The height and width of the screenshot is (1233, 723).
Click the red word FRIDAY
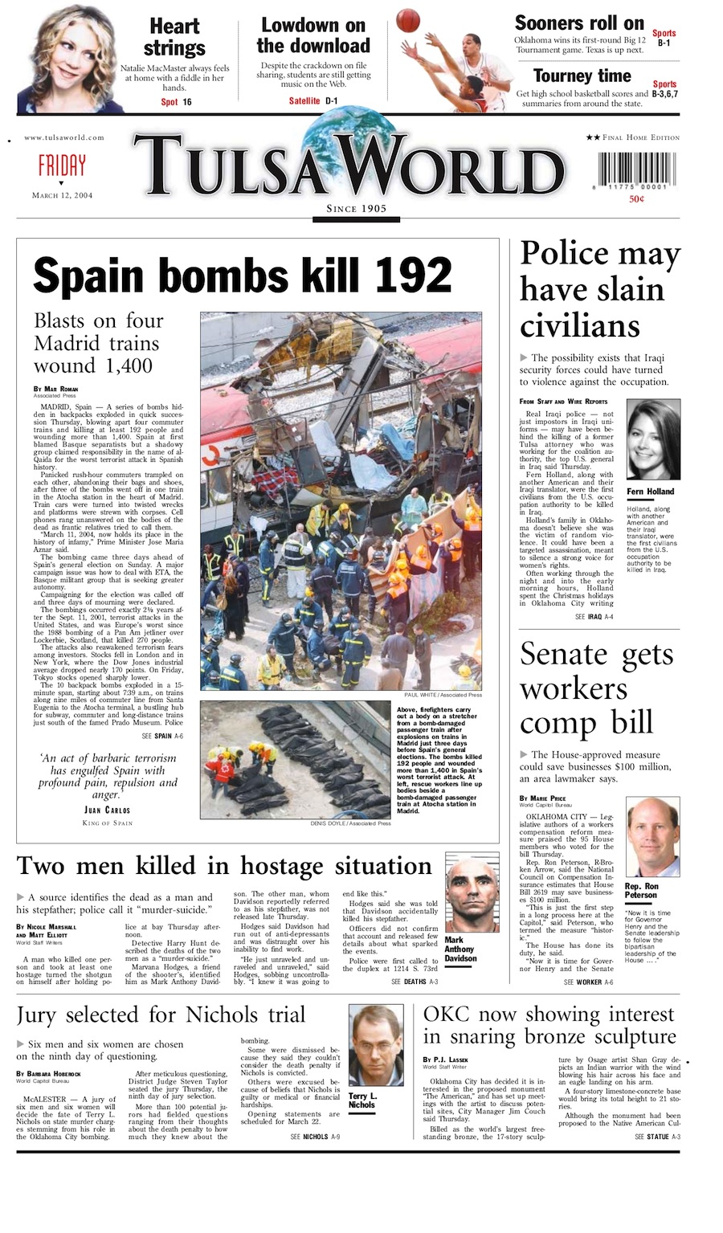coord(62,165)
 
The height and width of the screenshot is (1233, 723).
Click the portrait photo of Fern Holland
coord(652,440)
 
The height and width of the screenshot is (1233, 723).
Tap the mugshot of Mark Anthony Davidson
coord(472,892)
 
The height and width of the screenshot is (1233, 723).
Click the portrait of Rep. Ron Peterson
coord(652,836)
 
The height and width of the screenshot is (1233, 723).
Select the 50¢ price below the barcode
coord(636,199)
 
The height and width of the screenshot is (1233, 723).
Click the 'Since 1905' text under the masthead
coord(356,209)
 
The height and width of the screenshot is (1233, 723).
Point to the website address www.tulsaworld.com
coord(64,137)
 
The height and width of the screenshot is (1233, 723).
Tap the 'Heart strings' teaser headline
coord(174,37)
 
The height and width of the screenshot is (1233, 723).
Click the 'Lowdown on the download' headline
coord(313,35)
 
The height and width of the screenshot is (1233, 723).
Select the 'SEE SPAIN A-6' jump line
coord(162,736)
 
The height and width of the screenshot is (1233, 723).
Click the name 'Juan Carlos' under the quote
coord(108,810)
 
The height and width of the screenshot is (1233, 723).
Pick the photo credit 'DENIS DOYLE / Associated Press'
coord(350,823)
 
